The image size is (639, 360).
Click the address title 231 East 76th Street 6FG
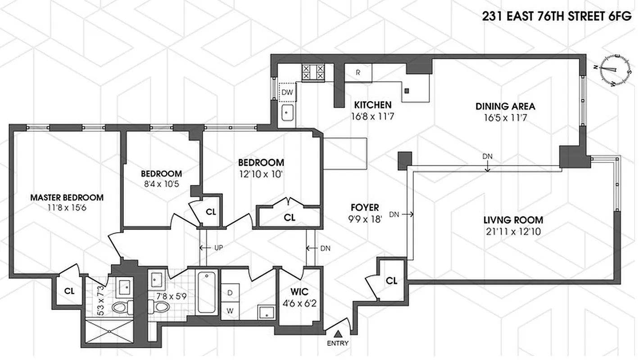coord(557,17)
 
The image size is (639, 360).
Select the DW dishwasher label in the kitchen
coord(287,93)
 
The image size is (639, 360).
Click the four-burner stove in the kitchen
coord(313,72)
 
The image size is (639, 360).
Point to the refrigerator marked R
coord(358,72)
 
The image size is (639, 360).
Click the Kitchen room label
coord(372,105)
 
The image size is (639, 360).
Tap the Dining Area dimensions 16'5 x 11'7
coord(505,120)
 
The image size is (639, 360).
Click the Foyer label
coord(365,207)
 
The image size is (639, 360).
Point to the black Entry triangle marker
coord(338,333)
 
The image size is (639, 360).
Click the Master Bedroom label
coord(67,197)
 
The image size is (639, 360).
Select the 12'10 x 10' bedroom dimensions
coord(261,174)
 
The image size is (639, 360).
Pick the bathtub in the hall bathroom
coord(208,292)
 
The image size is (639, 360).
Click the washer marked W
coord(230,310)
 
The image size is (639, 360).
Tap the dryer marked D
coord(230,292)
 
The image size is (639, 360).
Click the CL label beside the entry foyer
coord(392,281)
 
